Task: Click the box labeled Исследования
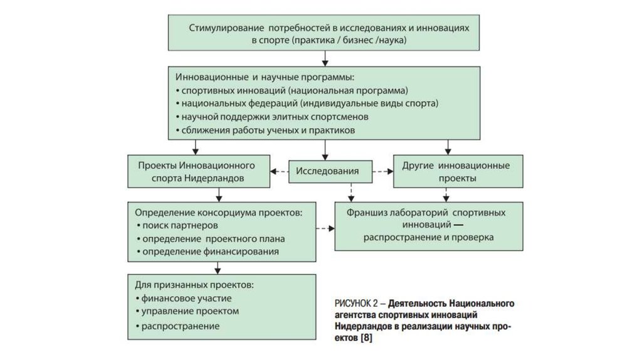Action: (330, 171)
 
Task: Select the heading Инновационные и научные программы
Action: (265, 77)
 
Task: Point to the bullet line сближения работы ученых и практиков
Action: (265, 130)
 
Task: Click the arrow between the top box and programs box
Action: (325, 58)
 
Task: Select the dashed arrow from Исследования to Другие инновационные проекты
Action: (383, 172)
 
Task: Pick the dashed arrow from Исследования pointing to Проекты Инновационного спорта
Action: (279, 172)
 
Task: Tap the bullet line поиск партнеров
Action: (177, 226)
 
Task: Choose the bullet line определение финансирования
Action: (208, 251)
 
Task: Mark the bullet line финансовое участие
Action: (184, 298)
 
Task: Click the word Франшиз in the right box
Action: (366, 213)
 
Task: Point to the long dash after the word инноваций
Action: (458, 225)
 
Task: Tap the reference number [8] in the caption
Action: (366, 338)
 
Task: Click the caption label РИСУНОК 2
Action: (356, 304)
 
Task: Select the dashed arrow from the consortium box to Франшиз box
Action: (325, 228)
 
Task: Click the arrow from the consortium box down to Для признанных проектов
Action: (218, 268)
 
